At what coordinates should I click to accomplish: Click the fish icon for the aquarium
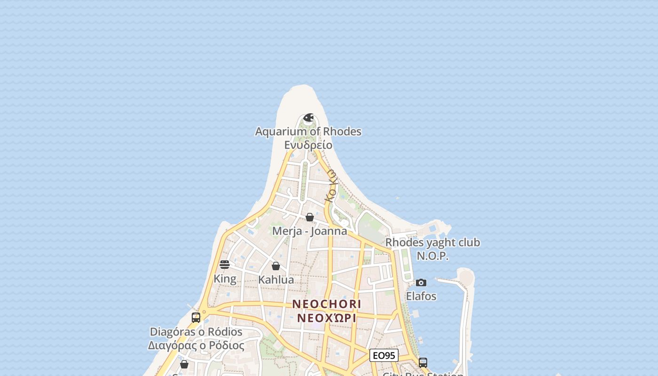point(308,117)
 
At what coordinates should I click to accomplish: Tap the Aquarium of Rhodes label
point(308,132)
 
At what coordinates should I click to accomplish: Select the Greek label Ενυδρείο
point(308,145)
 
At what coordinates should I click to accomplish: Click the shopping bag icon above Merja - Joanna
point(310,217)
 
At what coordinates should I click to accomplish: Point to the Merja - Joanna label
point(310,231)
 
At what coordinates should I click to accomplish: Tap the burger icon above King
point(225,265)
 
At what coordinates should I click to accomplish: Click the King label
point(225,279)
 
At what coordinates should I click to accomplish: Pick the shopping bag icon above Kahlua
point(276,266)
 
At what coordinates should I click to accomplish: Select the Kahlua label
point(276,280)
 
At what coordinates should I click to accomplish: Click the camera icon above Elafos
point(421,282)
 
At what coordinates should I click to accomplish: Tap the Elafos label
point(421,297)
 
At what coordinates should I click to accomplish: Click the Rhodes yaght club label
point(433,243)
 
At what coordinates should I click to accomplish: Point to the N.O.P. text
point(433,256)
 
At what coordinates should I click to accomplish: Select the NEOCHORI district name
point(327,304)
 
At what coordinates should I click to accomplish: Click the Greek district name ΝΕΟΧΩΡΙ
point(327,318)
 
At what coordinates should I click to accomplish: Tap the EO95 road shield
point(384,355)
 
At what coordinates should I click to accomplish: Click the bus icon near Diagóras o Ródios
point(196,318)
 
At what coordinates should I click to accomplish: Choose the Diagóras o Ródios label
point(196,332)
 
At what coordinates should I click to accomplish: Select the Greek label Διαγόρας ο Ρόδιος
point(196,345)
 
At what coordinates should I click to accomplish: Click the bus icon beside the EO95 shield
point(423,363)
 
